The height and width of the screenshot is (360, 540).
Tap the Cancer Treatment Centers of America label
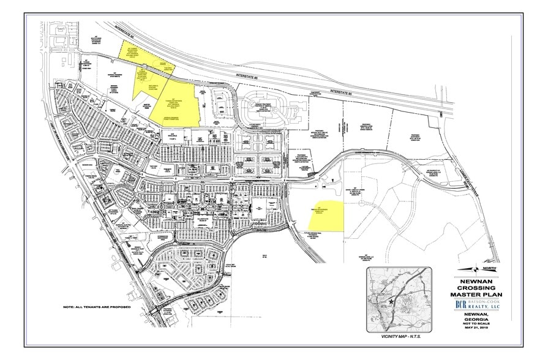(267, 105)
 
